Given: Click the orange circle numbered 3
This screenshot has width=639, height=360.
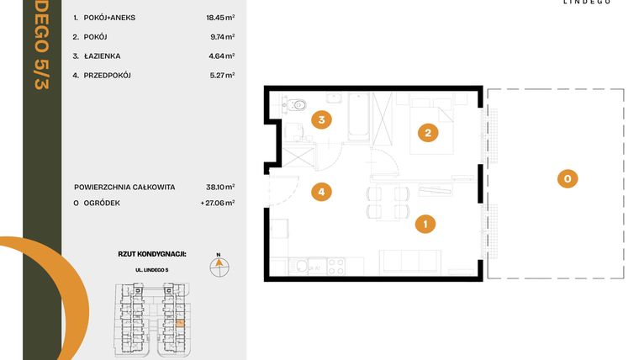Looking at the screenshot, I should [x=320, y=119].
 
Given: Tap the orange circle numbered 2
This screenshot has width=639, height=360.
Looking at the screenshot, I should [x=428, y=132].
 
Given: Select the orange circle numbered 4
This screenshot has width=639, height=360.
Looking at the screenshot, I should [x=320, y=193].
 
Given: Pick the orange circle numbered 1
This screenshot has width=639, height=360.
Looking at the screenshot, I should [x=426, y=224].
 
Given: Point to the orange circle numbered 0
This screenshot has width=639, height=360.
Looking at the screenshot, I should [x=568, y=178].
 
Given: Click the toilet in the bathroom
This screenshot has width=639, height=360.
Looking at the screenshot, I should [x=299, y=105].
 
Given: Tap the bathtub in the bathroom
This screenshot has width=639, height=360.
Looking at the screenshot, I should [x=357, y=118].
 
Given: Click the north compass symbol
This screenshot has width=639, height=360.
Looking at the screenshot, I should [x=217, y=264].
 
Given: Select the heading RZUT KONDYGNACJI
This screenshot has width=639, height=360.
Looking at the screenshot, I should [x=151, y=252].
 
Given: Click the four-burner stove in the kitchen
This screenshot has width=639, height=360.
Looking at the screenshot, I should [x=335, y=266].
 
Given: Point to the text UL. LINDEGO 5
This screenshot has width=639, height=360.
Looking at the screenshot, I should [x=151, y=269].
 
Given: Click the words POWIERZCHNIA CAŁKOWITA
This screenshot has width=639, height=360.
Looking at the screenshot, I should [x=124, y=187].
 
